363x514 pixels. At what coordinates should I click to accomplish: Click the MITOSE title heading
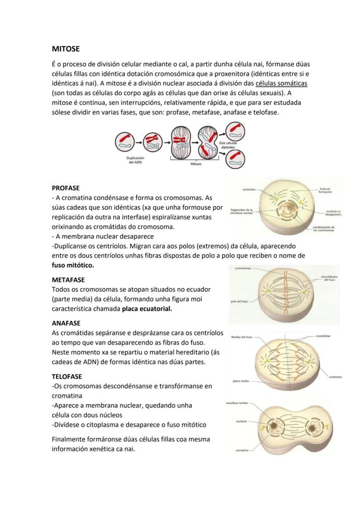(66, 49)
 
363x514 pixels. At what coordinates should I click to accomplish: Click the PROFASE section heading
(66, 188)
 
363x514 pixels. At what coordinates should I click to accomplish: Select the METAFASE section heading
(68, 280)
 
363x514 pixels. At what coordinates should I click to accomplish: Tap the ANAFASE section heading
(66, 323)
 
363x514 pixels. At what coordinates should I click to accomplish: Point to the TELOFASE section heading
(67, 376)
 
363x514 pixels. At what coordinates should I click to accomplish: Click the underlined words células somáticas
(281, 83)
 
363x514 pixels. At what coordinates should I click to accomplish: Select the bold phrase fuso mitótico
(73, 266)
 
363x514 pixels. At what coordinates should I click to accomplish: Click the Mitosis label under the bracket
(196, 164)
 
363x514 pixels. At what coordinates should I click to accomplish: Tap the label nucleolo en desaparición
(334, 213)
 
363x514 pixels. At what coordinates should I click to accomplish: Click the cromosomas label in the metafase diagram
(242, 268)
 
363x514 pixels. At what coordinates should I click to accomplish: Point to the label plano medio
(241, 381)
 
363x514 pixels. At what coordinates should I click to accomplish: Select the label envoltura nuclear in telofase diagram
(237, 403)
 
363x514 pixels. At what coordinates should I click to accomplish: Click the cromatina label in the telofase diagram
(242, 450)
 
